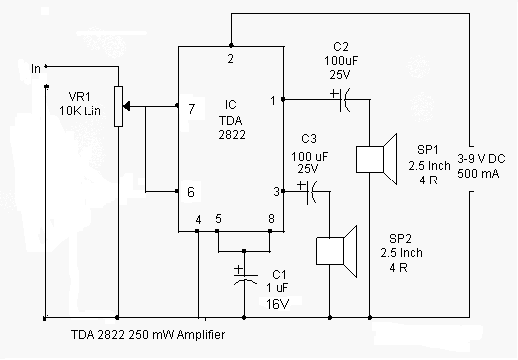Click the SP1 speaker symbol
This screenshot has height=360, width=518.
coord(376,159)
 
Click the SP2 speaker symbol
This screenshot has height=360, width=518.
coord(336,251)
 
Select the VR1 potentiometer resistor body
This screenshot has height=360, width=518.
coord(118,106)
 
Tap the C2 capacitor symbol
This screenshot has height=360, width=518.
coord(343,99)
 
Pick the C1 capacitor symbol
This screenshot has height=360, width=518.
coord(245,279)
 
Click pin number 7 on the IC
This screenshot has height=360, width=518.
coord(191,109)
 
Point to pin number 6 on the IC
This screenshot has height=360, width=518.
coord(191,192)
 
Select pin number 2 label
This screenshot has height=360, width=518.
coord(230,59)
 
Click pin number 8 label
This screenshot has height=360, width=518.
coord(271,219)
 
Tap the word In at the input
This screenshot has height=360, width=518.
coord(36,69)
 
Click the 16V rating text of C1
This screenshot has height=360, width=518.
coord(278,304)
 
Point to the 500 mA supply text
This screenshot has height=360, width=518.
coord(478,174)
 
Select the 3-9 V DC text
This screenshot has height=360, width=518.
coord(481,159)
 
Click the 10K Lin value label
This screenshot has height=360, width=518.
coord(80,110)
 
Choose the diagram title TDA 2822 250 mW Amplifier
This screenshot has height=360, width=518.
coord(148,334)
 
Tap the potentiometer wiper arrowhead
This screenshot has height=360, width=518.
coord(126,106)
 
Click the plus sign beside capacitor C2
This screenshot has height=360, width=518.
coord(334,94)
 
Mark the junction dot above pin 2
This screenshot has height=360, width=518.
coord(231,45)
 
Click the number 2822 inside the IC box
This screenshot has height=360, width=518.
coord(232,135)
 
